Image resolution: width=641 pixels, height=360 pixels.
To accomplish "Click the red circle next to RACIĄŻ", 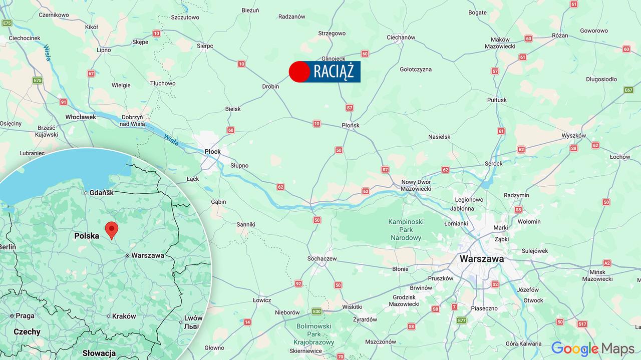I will tap(299, 72).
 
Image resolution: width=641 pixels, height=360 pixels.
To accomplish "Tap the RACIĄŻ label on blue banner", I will tap(334, 72).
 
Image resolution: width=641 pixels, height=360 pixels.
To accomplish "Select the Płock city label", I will tap(212, 151).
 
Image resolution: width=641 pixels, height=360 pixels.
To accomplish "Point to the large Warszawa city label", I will tap(481, 259).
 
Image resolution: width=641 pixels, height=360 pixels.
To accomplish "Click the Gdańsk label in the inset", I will tap(102, 192).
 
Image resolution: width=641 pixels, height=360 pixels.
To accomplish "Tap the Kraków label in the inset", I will tap(124, 316).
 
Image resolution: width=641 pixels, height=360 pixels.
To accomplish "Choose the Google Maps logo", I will tap(592, 348).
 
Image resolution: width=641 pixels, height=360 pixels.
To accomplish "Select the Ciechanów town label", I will tap(401, 38).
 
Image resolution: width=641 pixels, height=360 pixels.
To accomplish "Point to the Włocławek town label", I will tap(81, 117).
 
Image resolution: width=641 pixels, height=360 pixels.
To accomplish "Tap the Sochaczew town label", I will tap(322, 259).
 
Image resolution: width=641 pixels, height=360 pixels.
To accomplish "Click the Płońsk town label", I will tap(350, 125).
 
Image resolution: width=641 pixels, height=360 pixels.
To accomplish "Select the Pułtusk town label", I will tap(497, 100).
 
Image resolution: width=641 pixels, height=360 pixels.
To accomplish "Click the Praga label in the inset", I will tap(25, 316).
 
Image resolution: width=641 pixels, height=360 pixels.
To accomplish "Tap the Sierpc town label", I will tap(205, 46).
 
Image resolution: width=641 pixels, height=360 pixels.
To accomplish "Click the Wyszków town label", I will tap(573, 136).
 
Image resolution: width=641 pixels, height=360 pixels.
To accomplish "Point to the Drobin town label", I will tap(270, 87).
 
